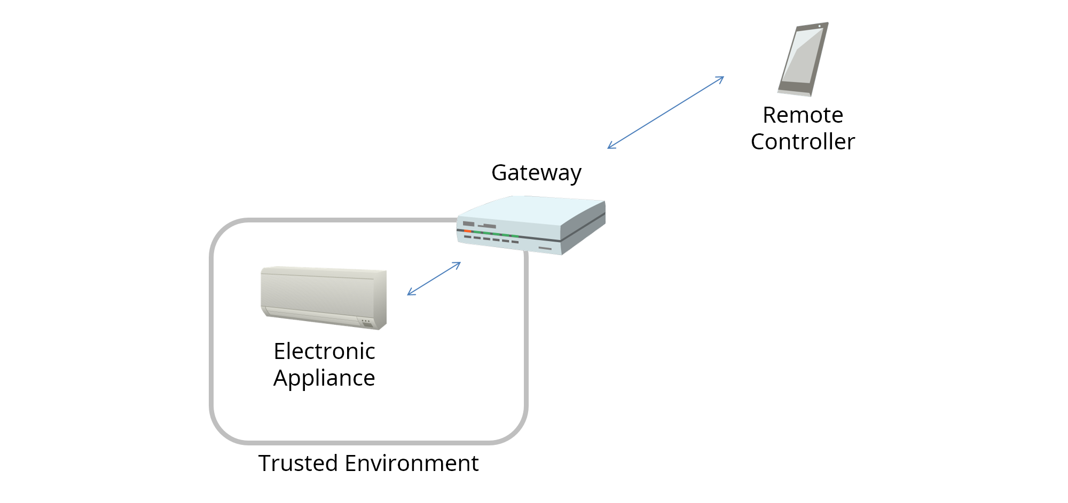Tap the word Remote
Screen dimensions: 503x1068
pos(803,115)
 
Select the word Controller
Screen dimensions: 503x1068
pos(803,142)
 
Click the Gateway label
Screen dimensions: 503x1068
pos(536,173)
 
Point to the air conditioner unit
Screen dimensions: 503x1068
pos(323,297)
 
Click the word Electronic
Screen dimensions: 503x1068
pos(324,352)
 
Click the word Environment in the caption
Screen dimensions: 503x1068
pos(412,464)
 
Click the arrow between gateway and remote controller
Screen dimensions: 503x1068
pos(665,113)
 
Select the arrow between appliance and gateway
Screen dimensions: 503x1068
pos(434,278)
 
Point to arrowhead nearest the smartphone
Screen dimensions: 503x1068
pos(721,78)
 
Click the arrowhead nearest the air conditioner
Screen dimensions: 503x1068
pos(410,293)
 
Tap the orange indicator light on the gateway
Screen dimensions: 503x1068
pos(467,231)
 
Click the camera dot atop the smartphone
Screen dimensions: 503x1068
pos(820,26)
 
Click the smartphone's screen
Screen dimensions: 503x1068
pos(801,56)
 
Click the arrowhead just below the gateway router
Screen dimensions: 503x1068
pos(457,264)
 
